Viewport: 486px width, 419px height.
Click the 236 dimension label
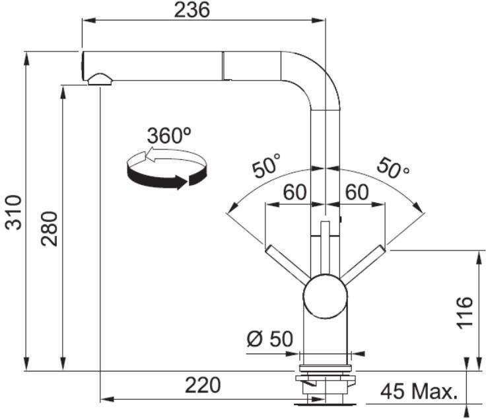tap(192, 9)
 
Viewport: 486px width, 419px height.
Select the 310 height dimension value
tap(14, 212)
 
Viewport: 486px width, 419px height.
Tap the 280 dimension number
tap(50, 229)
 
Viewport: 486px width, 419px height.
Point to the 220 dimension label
tap(203, 385)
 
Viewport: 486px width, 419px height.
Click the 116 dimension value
tap(465, 313)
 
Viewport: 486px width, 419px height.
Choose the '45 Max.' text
tap(419, 391)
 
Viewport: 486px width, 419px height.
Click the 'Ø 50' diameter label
tap(270, 338)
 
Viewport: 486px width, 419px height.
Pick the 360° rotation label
tap(169, 135)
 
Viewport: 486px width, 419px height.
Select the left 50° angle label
tap(266, 166)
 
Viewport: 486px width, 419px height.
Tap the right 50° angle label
tap(393, 169)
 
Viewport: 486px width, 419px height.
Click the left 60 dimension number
tap(295, 192)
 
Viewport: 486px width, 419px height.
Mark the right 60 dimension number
tap(357, 192)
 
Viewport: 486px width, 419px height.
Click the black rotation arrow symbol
tap(166, 169)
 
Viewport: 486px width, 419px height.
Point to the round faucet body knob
tap(325, 296)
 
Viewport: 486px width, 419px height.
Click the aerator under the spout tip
tap(100, 79)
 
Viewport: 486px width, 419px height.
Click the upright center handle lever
tap(325, 248)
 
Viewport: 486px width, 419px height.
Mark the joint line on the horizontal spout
tap(223, 65)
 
